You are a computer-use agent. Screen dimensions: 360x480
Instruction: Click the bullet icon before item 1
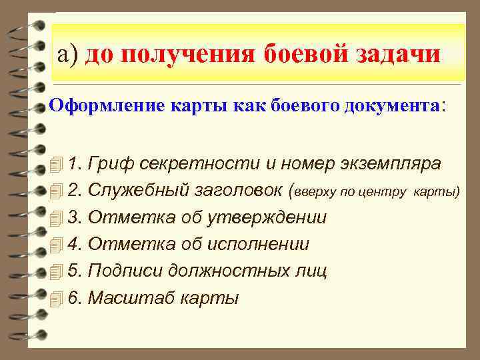57,164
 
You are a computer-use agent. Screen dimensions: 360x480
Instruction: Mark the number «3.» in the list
75,217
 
